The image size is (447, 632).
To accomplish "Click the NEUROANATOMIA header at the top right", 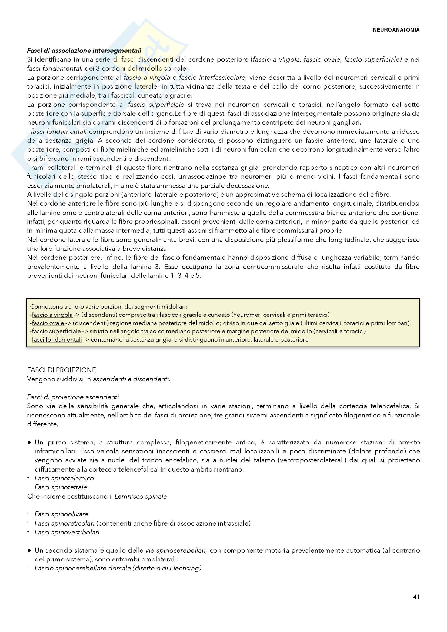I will pos(396,30).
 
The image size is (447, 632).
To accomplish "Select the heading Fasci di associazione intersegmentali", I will pos(84,50).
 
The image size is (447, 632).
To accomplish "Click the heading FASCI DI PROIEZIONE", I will pos(61,370).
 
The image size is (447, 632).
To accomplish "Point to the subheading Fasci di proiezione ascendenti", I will pos(73,397).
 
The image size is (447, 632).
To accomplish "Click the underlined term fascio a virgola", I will pos(52,315).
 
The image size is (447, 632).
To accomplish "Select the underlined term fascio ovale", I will pos(48,323).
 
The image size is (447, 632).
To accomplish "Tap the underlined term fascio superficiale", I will pos(56,331).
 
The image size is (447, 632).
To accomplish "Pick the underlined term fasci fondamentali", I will pos(57,339).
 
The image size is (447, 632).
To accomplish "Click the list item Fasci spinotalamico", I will pos(64,478).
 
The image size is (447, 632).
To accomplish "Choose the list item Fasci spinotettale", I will pos(61,487).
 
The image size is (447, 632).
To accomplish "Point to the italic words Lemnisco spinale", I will pos(140,496).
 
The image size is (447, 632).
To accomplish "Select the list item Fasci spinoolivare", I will pos(61,514).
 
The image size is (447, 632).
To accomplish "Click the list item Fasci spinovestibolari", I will pos(67,532).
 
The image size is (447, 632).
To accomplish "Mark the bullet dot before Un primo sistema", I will pos(29,442).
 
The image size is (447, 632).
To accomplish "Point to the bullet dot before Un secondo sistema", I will pos(29,550).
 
